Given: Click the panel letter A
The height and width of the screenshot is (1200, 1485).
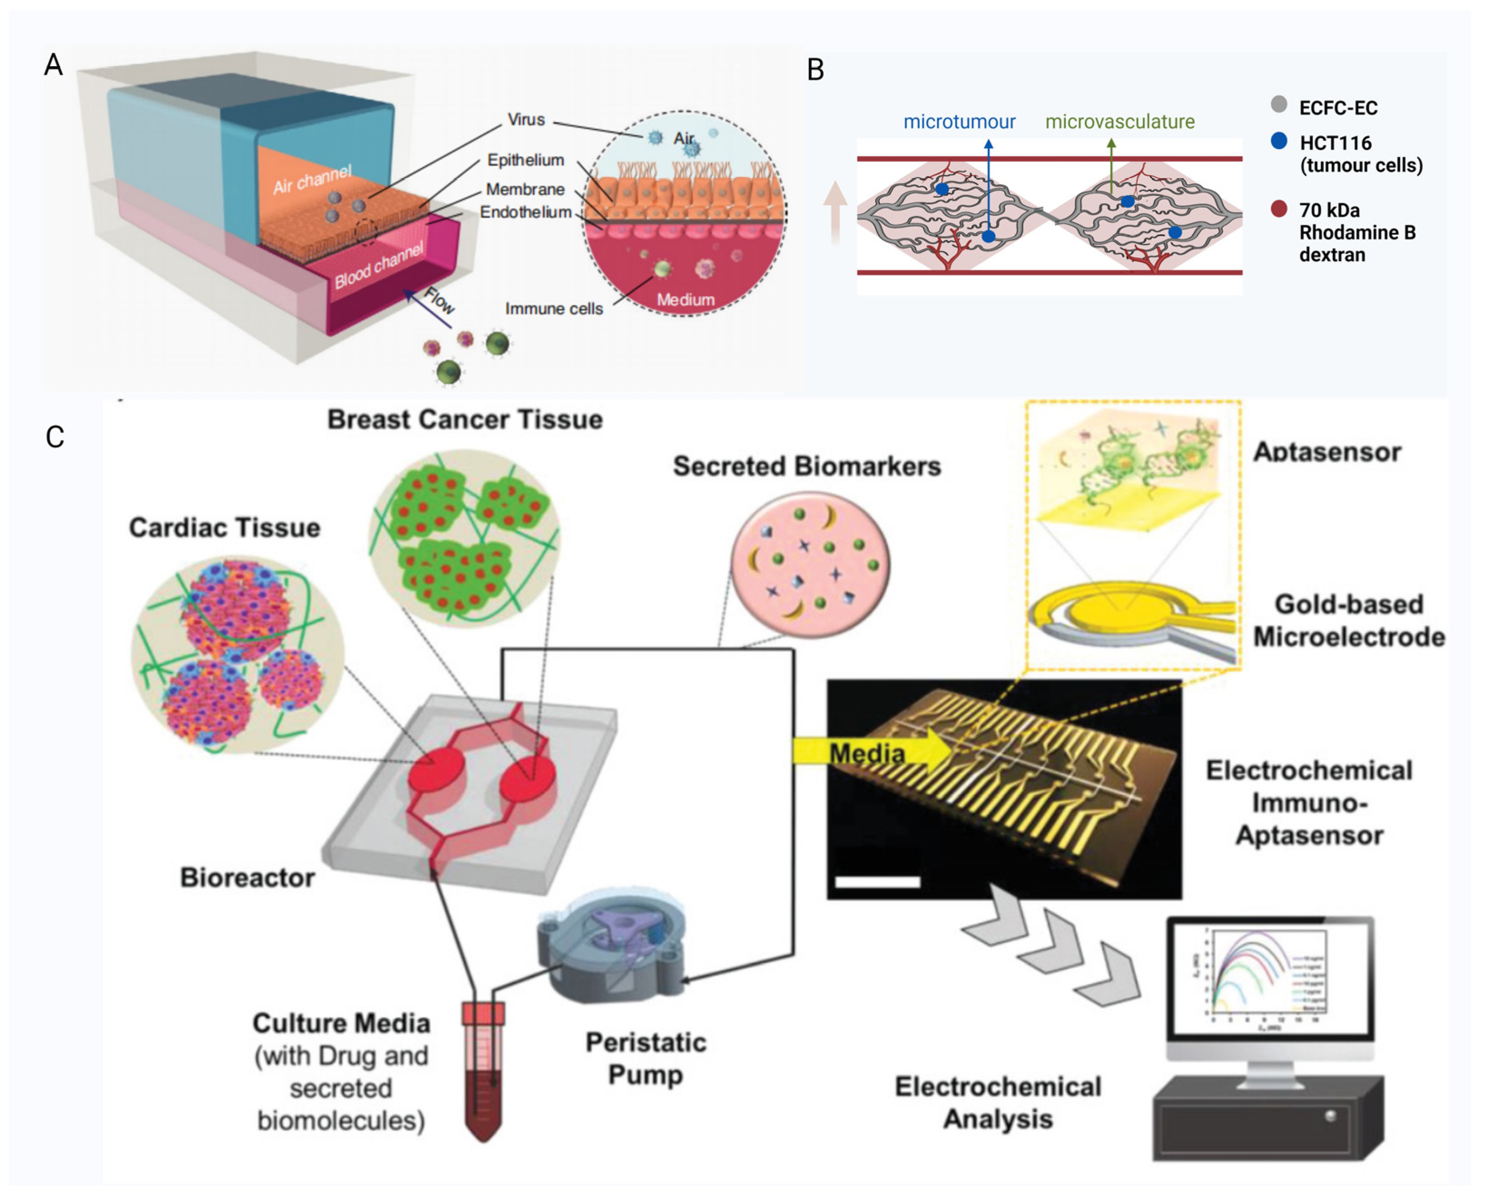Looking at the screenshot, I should tap(53, 65).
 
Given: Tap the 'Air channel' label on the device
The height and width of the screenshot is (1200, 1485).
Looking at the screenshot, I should tap(312, 180).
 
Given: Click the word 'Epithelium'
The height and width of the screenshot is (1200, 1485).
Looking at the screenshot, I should tap(525, 160).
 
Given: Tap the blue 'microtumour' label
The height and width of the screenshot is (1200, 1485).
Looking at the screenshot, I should tap(959, 123).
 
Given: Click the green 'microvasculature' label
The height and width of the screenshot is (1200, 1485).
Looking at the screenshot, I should tap(1119, 123).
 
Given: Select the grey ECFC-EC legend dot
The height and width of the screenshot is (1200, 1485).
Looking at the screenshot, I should tap(1279, 104).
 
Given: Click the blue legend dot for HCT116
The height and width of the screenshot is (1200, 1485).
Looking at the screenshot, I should tap(1279, 142).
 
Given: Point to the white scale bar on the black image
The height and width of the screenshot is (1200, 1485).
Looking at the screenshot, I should tap(877, 882).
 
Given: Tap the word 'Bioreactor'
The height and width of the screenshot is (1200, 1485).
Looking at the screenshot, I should tap(247, 878).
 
